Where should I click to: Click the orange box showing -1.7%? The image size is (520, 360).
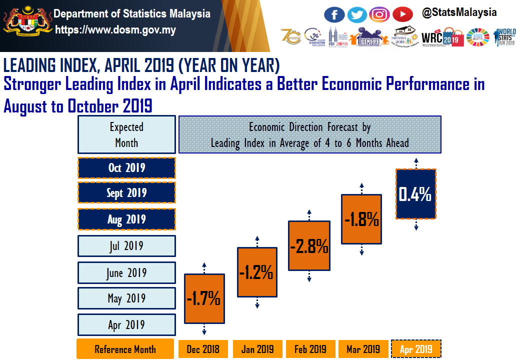point(204,298)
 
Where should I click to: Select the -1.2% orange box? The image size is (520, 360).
point(257,272)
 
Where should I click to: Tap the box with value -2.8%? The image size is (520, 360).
point(309,245)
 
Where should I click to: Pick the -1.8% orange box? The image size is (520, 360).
point(361,219)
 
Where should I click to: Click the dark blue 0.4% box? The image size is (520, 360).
point(415,193)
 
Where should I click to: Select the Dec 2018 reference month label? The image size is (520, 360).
point(203,349)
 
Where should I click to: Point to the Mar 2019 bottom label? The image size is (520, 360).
point(363,349)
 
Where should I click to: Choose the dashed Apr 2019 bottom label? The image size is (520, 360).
point(416,349)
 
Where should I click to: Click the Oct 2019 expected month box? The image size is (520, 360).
point(126,167)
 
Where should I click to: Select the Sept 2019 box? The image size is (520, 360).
point(126,193)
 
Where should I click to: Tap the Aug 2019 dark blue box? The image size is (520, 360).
point(126,219)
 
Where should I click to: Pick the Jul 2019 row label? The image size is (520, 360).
point(126,246)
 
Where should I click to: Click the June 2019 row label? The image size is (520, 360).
point(126,273)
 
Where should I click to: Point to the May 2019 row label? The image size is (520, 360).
point(126,298)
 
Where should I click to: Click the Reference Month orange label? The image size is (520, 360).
point(125,349)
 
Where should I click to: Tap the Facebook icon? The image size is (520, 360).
point(334,14)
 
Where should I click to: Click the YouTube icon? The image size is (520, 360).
point(402,14)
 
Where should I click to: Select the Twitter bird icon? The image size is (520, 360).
point(357,14)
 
